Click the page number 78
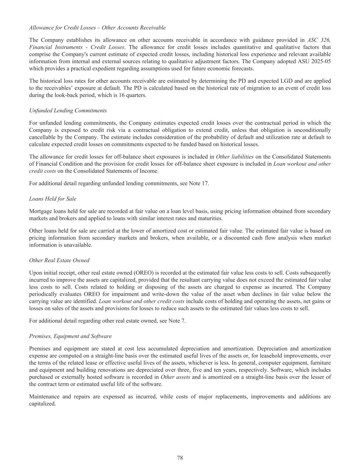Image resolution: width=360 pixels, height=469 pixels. coord(180,458)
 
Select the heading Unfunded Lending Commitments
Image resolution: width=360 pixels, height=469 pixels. coord(68,111)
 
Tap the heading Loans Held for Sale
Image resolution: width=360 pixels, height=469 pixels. coord(53,199)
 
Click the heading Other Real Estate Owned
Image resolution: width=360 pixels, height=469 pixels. coord(59,260)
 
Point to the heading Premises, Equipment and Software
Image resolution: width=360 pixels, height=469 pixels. coord(70,336)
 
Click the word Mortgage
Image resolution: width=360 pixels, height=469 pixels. coord(40,211)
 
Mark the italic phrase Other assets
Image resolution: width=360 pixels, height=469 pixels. coord(175,377)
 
